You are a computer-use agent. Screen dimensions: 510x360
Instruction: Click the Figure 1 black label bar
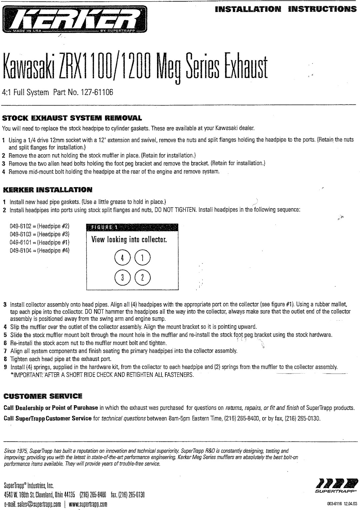click(x=132, y=228)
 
